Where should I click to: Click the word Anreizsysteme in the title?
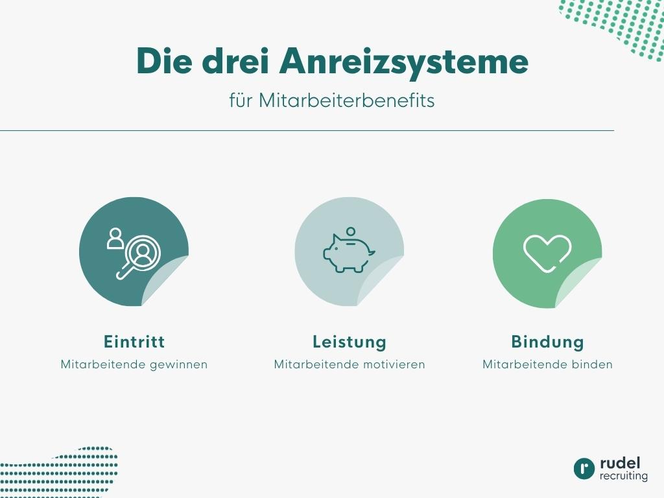[404, 62]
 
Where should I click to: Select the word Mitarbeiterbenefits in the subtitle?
[347, 101]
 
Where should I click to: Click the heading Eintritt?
[134, 342]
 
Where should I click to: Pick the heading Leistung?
[350, 342]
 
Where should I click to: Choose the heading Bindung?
[547, 342]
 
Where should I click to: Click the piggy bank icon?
[348, 253]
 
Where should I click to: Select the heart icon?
[547, 253]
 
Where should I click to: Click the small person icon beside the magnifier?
[115, 238]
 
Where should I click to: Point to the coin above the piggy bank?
[351, 231]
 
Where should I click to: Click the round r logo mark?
[584, 469]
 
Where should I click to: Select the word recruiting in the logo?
[623, 476]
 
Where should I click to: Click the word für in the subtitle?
[241, 101]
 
